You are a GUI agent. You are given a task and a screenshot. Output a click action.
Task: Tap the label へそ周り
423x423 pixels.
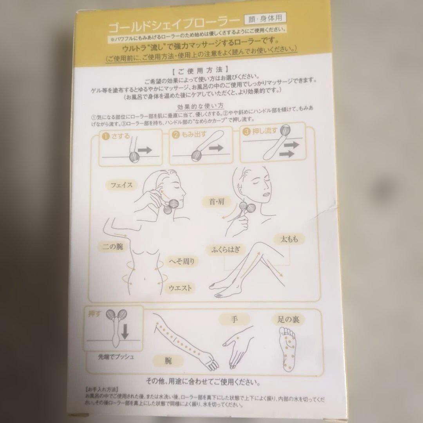[x=181, y=261]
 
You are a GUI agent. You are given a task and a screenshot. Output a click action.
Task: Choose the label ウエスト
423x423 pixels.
[x=180, y=288]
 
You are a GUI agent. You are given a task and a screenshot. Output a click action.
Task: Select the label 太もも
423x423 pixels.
[x=289, y=238]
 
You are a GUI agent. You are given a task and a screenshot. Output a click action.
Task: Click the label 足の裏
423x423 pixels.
[x=288, y=319]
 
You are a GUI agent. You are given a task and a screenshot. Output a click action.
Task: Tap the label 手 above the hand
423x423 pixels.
[x=235, y=320]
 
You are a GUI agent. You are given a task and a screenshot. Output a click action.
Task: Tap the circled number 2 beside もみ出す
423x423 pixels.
[x=176, y=136]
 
